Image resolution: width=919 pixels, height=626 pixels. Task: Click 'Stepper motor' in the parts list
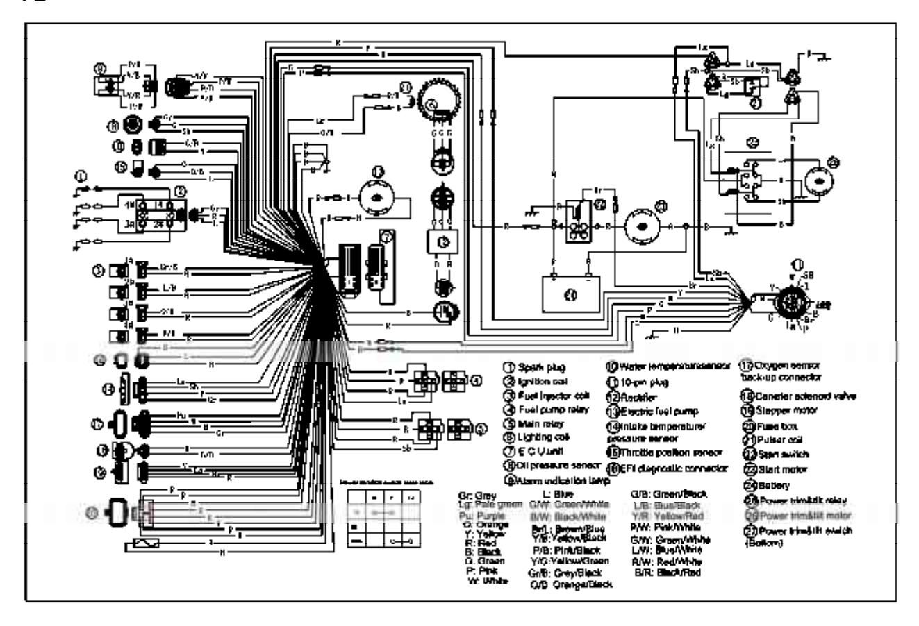tap(780, 410)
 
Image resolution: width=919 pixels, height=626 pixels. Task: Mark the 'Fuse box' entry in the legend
tap(770, 425)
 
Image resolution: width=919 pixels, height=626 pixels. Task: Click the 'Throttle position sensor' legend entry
tap(657, 452)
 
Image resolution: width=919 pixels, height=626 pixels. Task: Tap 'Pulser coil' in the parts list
tap(773, 439)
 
